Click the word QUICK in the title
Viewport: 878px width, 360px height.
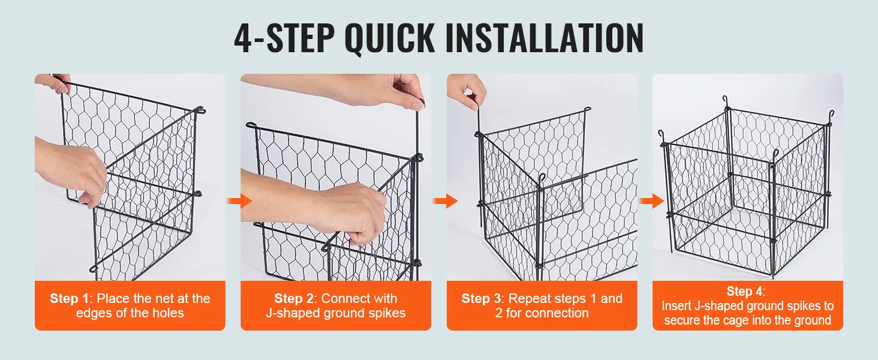[x=390, y=38]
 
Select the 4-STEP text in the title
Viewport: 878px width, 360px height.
[x=284, y=38]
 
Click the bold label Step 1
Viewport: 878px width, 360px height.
[x=70, y=299]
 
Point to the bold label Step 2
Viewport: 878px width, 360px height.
[x=294, y=299]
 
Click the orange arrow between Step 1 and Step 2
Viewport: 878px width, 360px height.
[x=239, y=201]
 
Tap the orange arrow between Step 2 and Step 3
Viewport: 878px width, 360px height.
[x=445, y=201]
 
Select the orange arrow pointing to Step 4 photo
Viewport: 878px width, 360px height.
[x=651, y=201]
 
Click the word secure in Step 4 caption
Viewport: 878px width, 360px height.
[x=682, y=320]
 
